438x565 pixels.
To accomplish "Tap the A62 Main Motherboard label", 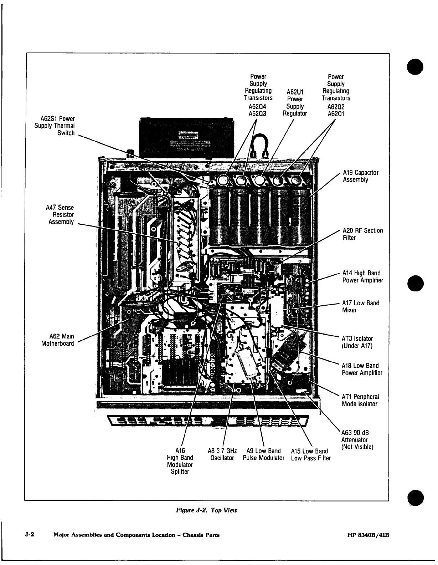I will pos(58,340).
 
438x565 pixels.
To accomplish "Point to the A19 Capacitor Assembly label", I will pos(355,176).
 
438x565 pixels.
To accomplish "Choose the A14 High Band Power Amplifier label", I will pos(362,277).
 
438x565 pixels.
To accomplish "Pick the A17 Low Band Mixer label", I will pos(361,306).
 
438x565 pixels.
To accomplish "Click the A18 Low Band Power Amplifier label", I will pos(362,369).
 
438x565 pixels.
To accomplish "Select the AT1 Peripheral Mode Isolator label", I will pos(360,400).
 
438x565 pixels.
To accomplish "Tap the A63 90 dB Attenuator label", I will pos(357,439).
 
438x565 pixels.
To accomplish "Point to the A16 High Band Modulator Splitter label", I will pos(180,461).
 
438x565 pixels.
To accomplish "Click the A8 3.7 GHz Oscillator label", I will pos(222,454).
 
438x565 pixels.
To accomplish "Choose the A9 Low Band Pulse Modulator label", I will pos(263,454).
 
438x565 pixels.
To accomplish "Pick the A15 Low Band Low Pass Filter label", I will pos(311,454).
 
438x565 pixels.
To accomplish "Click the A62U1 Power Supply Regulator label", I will pos(295,103).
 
